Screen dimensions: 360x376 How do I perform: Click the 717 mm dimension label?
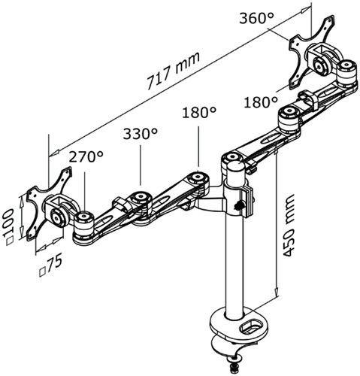[174, 71]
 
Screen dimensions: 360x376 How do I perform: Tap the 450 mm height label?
[287, 226]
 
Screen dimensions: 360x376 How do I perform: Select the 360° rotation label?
[256, 18]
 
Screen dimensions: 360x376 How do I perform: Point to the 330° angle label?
[141, 134]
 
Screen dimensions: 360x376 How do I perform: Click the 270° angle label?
[86, 156]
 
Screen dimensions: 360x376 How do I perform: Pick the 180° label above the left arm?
[199, 113]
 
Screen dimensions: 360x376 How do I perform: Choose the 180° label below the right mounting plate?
[261, 102]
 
